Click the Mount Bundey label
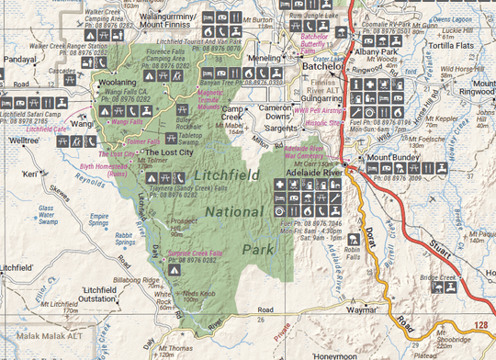click(x=393, y=157)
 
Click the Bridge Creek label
click(x=435, y=277)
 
